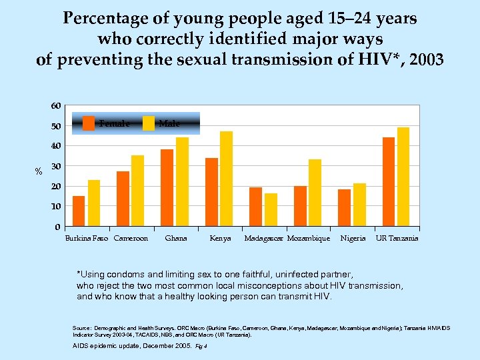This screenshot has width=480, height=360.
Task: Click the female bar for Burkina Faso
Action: point(79,211)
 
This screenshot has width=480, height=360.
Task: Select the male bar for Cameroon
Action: point(137,191)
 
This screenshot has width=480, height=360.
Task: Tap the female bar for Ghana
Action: point(167,187)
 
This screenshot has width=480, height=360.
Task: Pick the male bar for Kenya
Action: point(226,179)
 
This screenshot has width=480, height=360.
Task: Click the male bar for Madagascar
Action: point(271,209)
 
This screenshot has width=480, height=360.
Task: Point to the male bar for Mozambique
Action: point(315,193)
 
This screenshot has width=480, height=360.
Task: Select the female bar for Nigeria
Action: point(344,207)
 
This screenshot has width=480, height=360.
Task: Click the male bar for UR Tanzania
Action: point(403,177)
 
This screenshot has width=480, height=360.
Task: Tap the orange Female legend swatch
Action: point(89,123)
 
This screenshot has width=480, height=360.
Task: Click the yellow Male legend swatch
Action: point(149,123)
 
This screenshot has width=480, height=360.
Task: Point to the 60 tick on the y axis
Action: point(55,106)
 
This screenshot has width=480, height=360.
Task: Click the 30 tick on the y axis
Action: point(55,166)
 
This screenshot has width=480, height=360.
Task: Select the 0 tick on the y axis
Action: point(58,227)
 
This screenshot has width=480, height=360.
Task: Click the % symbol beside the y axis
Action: point(39,172)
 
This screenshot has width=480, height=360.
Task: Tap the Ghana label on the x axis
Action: point(176,239)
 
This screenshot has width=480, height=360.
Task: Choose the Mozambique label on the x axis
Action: point(308,239)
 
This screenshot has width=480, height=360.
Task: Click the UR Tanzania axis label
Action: point(397,239)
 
